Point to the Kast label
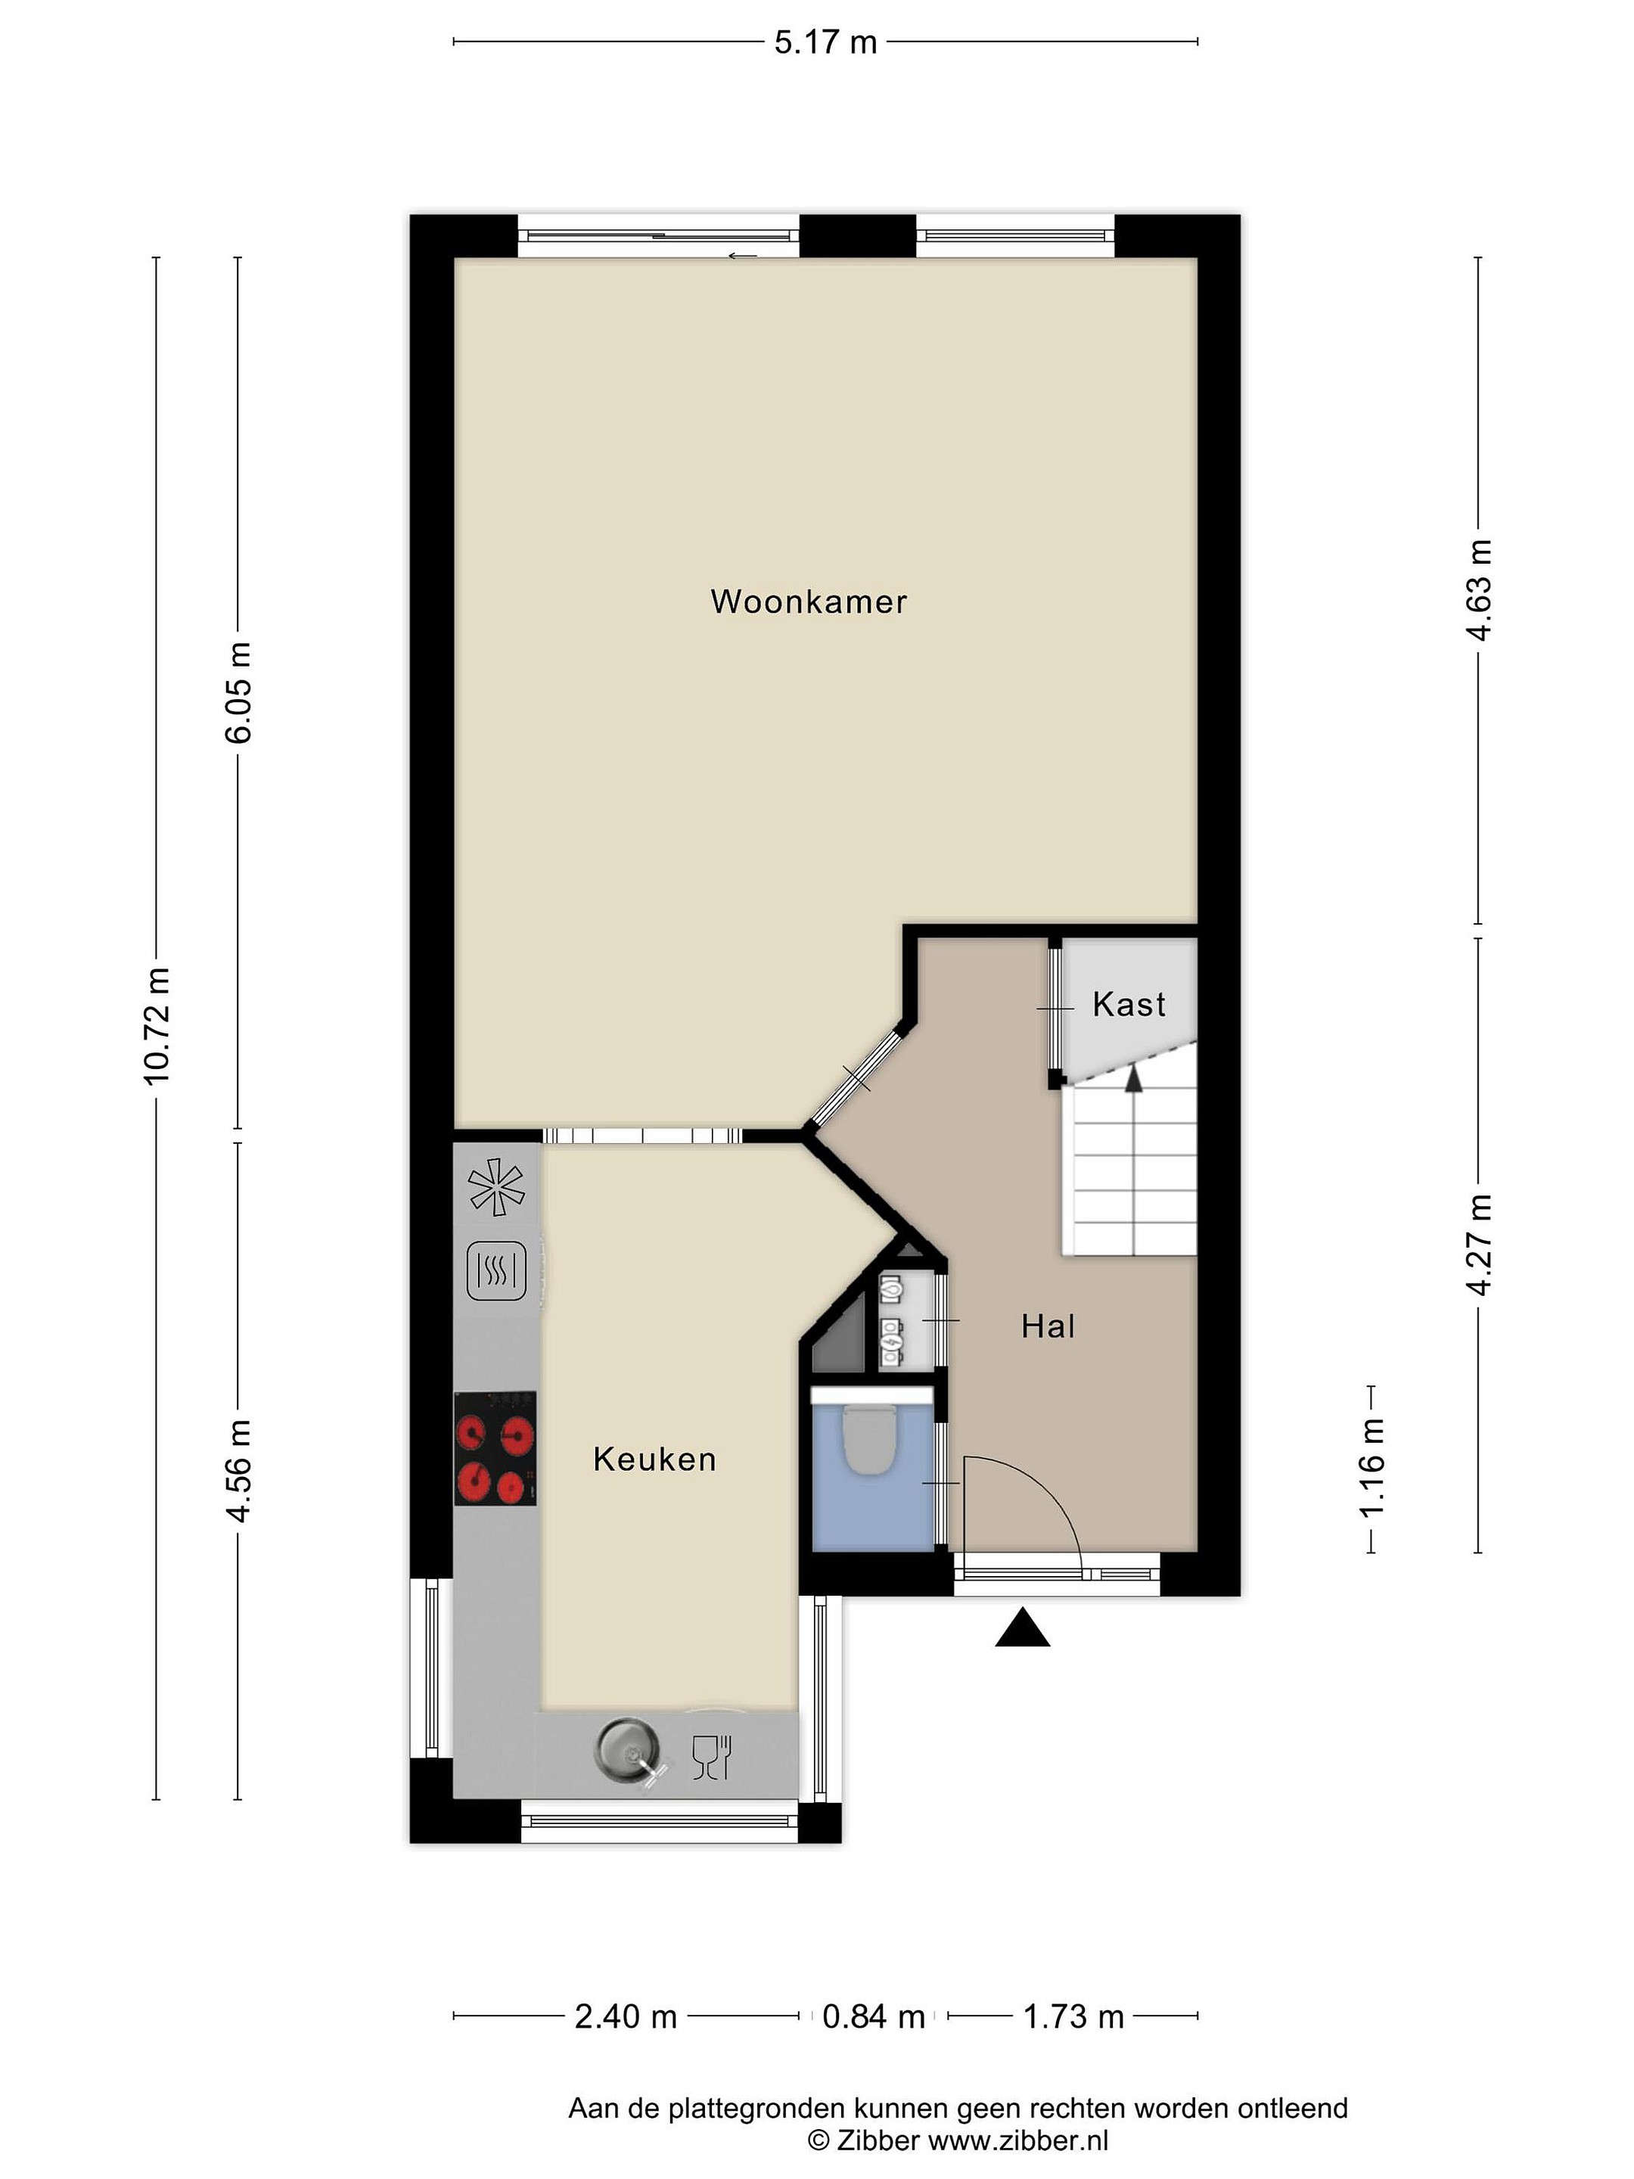coord(1129,1005)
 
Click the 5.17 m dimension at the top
coord(825,42)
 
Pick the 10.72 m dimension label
coord(157,1025)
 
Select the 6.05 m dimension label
coord(238,692)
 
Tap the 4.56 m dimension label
coord(238,1471)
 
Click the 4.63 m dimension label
coord(1480,590)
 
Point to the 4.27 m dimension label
coord(1480,1245)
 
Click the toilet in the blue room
coord(868,1438)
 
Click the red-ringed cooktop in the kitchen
coord(495,1448)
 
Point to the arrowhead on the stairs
coord(1135,1079)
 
